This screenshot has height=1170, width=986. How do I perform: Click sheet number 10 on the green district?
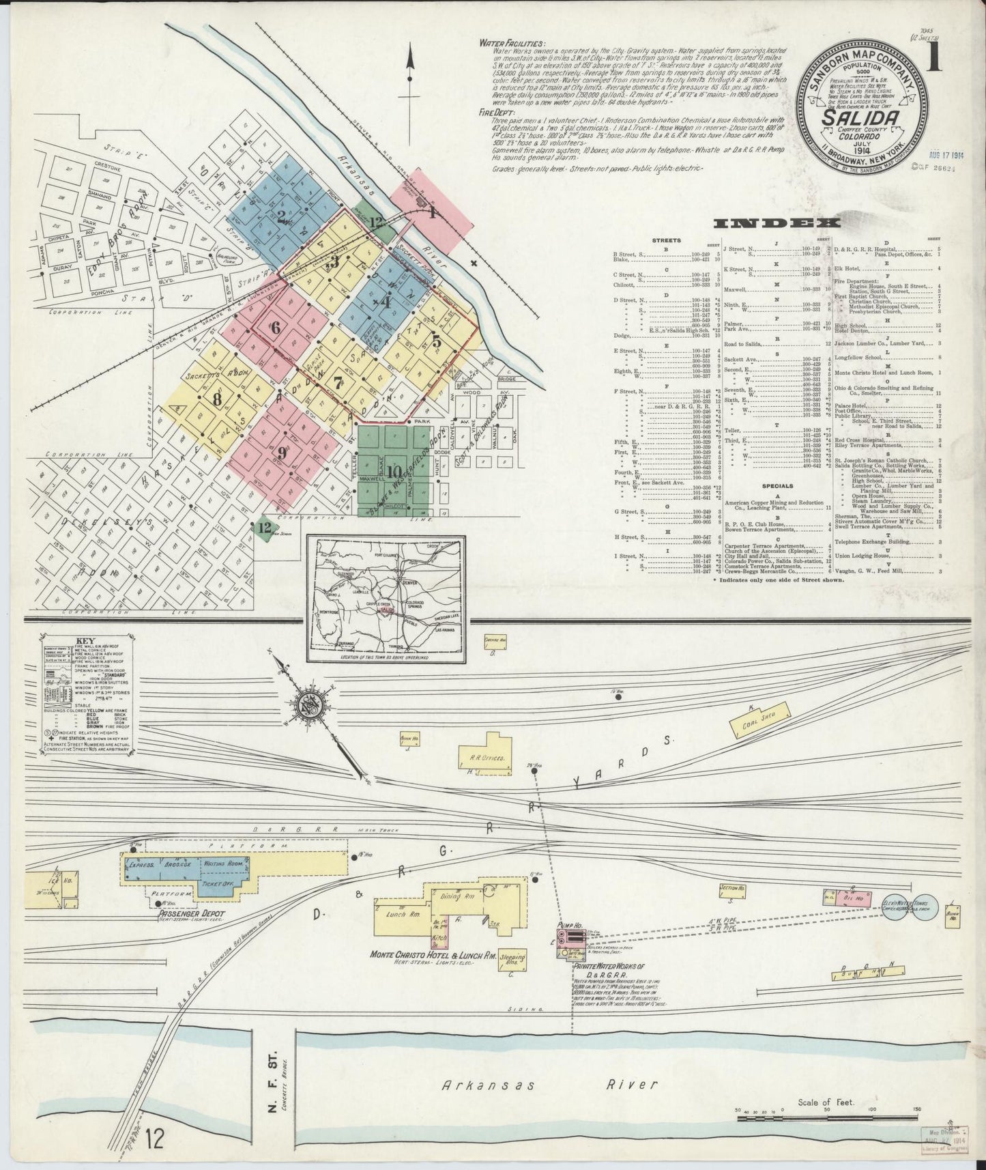pos(393,471)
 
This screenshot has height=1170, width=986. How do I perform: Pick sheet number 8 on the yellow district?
pos(217,398)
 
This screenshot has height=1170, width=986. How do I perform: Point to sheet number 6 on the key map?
pos(275,328)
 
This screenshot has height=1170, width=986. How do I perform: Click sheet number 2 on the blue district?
pos(280,217)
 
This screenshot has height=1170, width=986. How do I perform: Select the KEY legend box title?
pos(86,640)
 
